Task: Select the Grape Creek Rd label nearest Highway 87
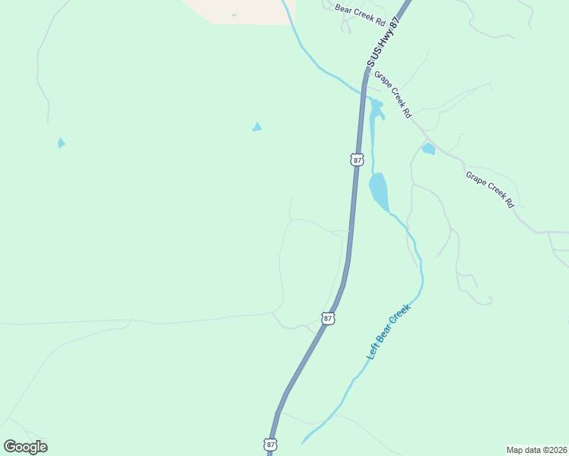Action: [x=393, y=95]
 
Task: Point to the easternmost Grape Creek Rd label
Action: [x=491, y=190]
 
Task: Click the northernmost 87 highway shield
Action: [x=358, y=160]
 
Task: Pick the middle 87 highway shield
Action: [x=328, y=319]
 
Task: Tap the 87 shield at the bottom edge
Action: [x=272, y=445]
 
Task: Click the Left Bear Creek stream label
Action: [x=388, y=332]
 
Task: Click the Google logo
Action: [x=25, y=446]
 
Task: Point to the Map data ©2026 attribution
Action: [x=536, y=449]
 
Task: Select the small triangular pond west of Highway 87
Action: [x=257, y=127]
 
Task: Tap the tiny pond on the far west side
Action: [x=61, y=142]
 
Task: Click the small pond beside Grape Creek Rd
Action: [x=428, y=149]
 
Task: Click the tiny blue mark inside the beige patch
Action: [x=234, y=14]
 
